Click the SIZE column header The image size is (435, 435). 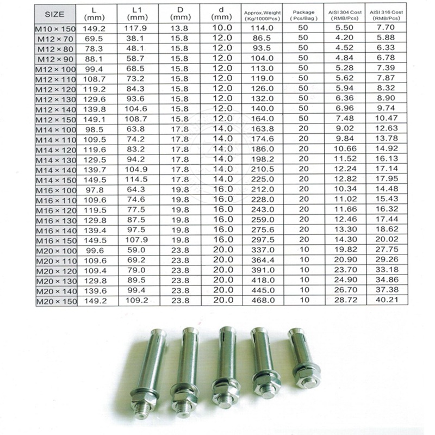click(x=54, y=14)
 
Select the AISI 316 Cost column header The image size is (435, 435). click(x=386, y=15)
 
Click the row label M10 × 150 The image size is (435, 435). click(x=55, y=29)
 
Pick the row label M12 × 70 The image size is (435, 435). click(x=55, y=39)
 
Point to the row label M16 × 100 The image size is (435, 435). click(x=57, y=190)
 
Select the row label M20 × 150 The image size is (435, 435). click(x=57, y=301)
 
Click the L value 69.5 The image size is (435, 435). click(x=94, y=39)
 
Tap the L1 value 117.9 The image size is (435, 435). click(x=135, y=28)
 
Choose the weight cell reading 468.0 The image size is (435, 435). click(x=263, y=300)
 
